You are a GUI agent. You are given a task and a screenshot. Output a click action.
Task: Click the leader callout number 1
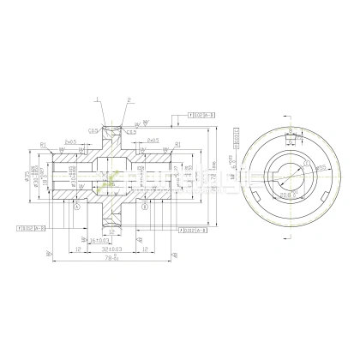pos(98,99)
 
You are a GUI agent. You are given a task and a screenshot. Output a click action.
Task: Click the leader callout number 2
pos(128,99)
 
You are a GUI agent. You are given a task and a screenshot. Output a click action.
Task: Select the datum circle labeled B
pos(145,207)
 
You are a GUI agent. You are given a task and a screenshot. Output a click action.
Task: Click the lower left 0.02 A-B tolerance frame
pos(29,228)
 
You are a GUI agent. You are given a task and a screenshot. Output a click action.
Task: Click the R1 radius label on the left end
pos(43,144)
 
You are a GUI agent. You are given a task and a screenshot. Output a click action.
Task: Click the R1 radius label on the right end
pos(176,144)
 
